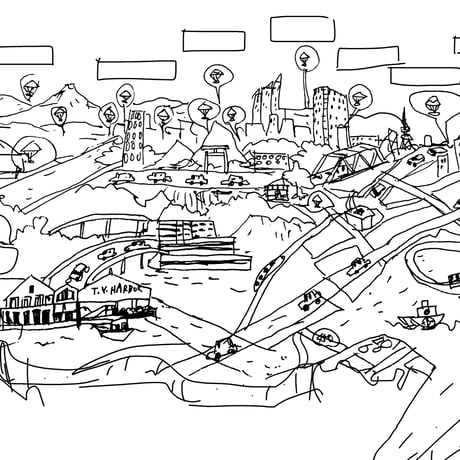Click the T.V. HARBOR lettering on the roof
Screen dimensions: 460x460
click(x=116, y=290)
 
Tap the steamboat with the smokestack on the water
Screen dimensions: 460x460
click(x=423, y=316)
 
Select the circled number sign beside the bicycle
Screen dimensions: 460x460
click(x=326, y=339)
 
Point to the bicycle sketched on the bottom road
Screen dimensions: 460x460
click(x=376, y=345)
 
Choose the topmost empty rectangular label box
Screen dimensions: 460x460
click(x=302, y=29)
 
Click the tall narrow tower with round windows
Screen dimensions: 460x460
click(x=133, y=137)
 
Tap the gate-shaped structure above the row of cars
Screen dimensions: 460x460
click(x=217, y=157)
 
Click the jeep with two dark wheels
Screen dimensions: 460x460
click(x=311, y=300)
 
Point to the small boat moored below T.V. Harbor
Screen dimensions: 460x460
click(x=112, y=331)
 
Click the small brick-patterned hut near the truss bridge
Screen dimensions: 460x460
click(x=277, y=192)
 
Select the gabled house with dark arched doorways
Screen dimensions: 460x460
click(x=28, y=302)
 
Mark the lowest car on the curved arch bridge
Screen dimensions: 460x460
click(x=78, y=272)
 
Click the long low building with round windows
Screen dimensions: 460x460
click(x=271, y=160)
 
